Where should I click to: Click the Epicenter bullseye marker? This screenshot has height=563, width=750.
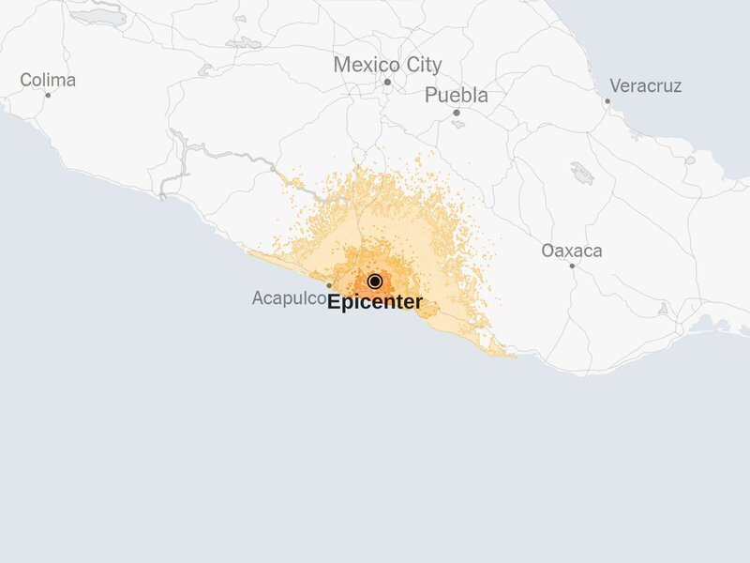point(375,281)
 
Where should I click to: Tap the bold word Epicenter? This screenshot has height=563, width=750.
point(375,303)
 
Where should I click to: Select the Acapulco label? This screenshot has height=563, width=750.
point(289,298)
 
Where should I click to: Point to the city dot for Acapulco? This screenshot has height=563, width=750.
point(329,285)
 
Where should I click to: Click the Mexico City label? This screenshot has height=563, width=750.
point(387,66)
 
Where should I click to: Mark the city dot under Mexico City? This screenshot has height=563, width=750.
point(387,83)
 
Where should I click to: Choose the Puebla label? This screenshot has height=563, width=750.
point(457,96)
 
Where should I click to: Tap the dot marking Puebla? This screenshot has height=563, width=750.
point(457,113)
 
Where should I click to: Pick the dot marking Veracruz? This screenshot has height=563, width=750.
point(607,100)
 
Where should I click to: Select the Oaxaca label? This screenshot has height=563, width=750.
point(572,251)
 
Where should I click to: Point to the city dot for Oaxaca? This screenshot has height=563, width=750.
point(572,266)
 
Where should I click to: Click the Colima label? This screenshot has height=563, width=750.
point(48,81)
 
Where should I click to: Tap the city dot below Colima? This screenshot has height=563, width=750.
point(48,95)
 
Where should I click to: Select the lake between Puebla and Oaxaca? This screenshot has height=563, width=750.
point(582,174)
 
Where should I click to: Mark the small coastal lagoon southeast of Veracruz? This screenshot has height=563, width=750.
point(690,160)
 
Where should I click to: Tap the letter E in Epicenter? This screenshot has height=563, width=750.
point(334,303)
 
